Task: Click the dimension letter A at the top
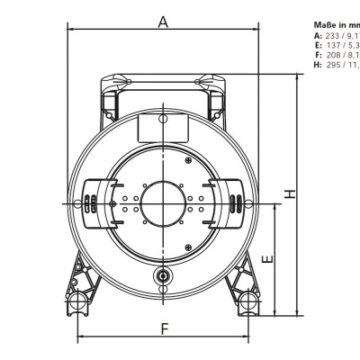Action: pos(163,22)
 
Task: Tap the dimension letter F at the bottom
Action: pos(164,328)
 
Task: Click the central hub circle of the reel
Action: pos(164,203)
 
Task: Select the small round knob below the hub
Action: pos(163,275)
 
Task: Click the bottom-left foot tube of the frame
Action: pos(80,301)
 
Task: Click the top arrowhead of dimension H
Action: pos(297,78)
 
